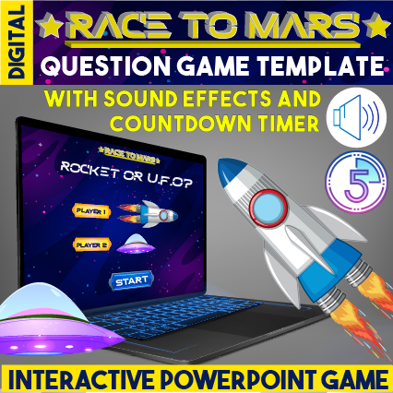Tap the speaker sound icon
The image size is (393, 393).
click(x=356, y=113)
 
